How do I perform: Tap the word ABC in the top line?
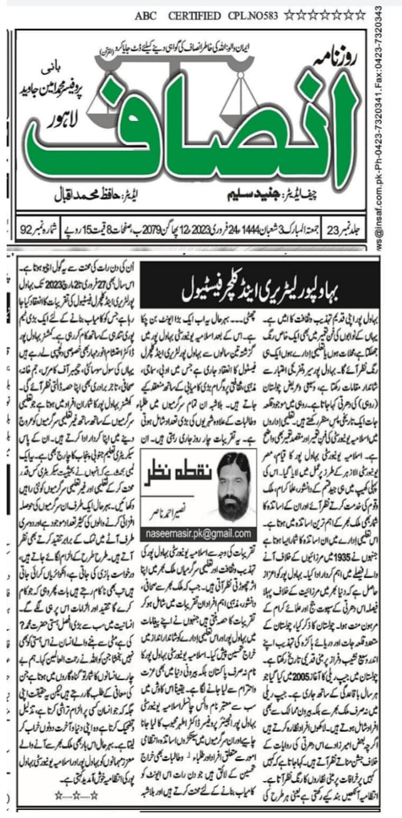point(145,16)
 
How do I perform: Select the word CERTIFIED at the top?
point(194,16)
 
